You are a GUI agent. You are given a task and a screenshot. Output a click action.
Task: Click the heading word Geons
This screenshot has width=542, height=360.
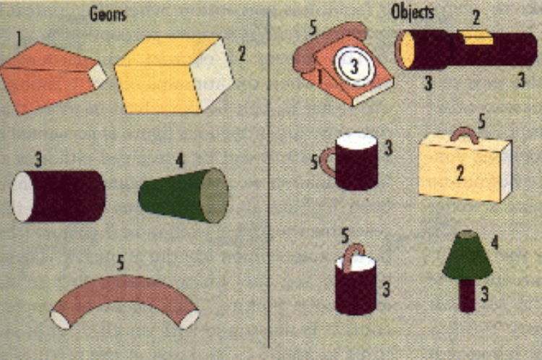[108, 14]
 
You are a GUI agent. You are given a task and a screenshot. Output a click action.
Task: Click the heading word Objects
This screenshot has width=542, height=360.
[412, 12]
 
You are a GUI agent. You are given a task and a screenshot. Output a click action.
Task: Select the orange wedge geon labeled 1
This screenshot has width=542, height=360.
[53, 79]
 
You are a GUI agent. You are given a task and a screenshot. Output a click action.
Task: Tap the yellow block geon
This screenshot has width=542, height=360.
[174, 74]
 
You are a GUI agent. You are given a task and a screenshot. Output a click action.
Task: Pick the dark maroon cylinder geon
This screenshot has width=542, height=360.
[58, 196]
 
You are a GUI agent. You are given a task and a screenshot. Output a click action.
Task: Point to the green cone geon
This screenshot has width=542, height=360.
[184, 195]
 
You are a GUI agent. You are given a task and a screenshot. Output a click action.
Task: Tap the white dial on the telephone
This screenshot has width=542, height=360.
[354, 67]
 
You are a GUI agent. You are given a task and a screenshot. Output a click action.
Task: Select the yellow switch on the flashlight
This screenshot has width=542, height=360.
[476, 38]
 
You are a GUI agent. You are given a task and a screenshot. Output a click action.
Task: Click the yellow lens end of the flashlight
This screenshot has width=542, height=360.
[406, 49]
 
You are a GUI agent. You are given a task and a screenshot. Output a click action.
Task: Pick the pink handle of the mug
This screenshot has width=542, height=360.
[327, 162]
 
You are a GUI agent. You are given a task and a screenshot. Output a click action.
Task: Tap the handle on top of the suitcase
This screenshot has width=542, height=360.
[465, 134]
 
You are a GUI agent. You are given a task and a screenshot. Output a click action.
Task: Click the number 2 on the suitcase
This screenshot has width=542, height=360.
[460, 172]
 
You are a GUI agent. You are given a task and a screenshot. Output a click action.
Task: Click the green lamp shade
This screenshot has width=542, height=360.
[468, 255]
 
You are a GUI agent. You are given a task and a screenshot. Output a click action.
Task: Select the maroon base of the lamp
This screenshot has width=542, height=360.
[467, 295]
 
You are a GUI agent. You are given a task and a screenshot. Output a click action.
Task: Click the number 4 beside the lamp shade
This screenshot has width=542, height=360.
[494, 242]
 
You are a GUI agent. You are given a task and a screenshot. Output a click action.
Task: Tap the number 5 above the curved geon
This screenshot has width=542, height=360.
[120, 262]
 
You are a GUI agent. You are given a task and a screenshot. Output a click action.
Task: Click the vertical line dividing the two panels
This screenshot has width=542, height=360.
[269, 179]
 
